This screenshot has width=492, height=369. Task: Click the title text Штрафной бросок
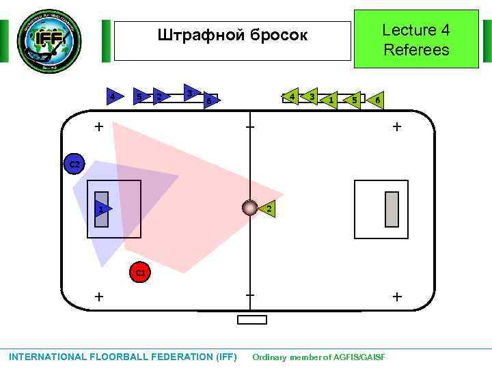tap(232, 35)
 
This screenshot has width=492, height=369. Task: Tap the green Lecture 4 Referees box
tap(416, 40)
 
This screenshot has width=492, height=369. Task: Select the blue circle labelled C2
tap(74, 165)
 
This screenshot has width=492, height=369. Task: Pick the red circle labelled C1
tap(139, 273)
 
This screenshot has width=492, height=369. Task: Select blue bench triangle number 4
tap(112, 96)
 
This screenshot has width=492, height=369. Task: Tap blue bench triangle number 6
tap(210, 101)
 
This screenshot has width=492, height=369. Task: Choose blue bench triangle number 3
tap(191, 92)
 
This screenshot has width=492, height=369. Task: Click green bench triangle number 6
tap(377, 100)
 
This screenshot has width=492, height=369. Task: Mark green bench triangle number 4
tap(292, 97)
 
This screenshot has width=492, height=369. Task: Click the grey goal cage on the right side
tap(392, 209)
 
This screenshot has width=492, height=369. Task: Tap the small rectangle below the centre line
tap(251, 320)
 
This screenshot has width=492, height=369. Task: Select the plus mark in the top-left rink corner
tap(100, 126)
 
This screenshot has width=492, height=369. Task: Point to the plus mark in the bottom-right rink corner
tap(397, 297)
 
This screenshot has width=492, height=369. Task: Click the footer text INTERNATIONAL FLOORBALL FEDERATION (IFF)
tap(123, 357)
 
